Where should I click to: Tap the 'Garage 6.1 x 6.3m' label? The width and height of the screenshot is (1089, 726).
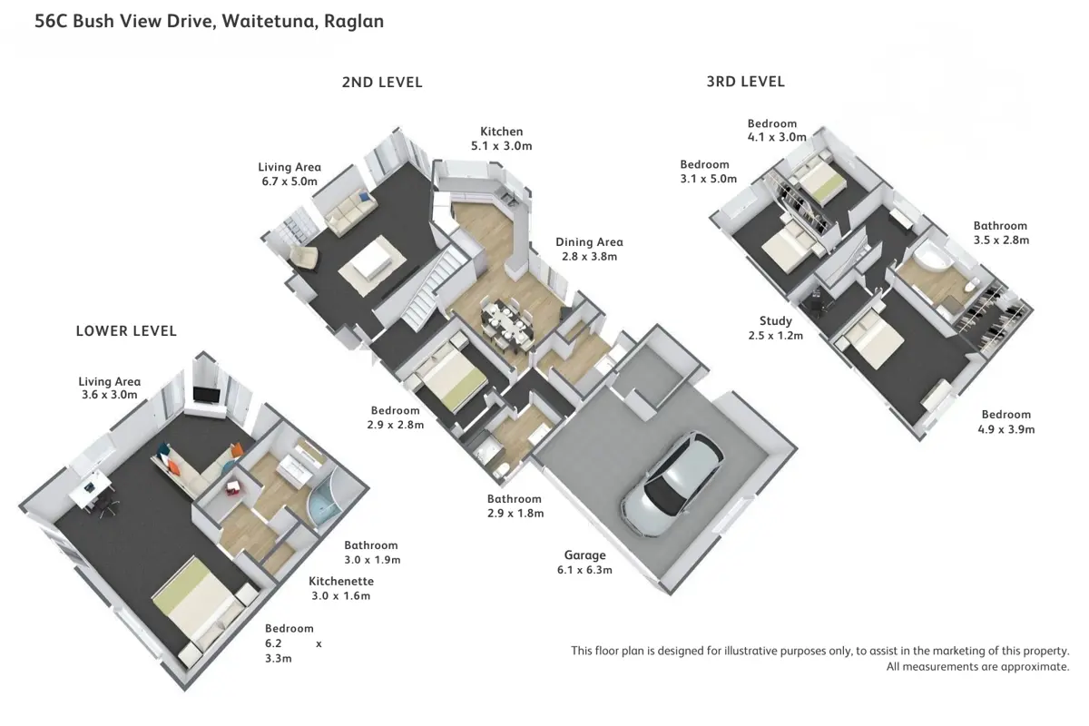(584, 563)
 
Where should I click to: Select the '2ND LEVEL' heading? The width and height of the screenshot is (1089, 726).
(382, 83)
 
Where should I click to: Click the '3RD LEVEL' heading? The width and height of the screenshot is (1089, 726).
(745, 82)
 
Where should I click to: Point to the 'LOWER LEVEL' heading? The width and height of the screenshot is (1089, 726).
(126, 331)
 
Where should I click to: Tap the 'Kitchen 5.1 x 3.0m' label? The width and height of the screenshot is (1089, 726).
(501, 139)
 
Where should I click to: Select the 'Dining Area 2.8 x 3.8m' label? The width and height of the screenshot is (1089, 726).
(589, 250)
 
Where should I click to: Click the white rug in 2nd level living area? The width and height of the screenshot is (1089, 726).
(372, 262)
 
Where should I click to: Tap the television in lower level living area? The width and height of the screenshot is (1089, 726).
(206, 396)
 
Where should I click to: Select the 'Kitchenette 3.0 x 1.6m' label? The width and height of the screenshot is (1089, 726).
(340, 588)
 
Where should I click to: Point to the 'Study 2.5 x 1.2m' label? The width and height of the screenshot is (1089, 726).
(776, 328)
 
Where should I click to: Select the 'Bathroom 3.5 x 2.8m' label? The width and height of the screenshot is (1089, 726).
(1000, 233)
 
